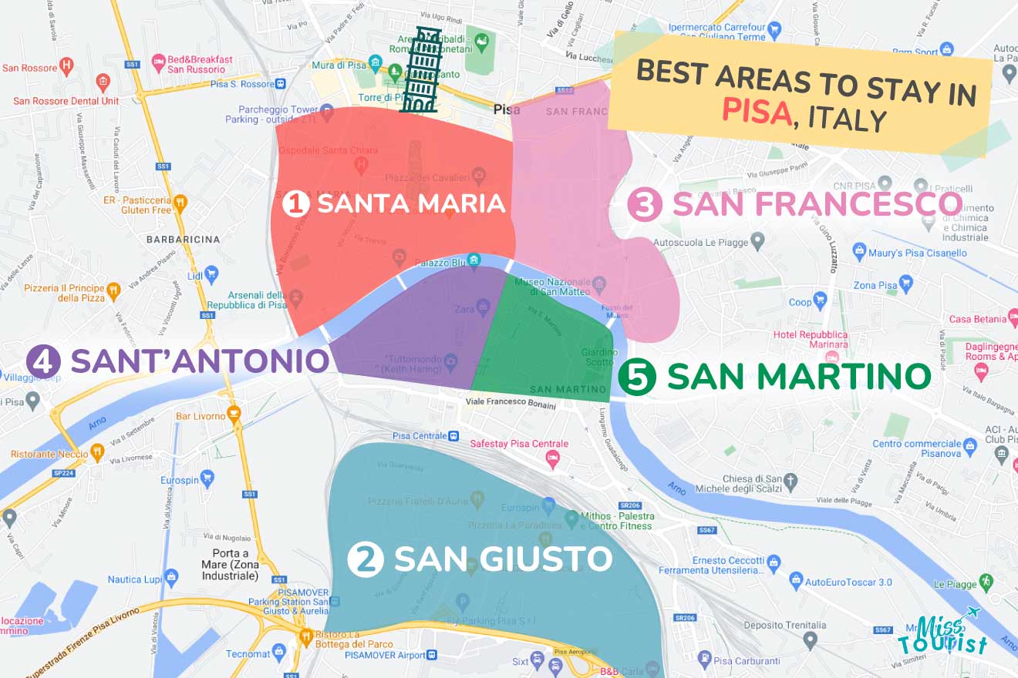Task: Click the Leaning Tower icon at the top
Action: point(421,70)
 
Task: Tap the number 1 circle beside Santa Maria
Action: point(295,204)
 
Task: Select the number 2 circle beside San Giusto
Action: point(365,559)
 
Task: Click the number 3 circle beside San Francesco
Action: point(644,205)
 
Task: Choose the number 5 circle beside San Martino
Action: point(638,378)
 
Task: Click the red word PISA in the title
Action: point(757,112)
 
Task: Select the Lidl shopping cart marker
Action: point(211,274)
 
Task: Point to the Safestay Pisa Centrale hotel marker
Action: point(552,459)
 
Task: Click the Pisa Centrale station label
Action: point(420,436)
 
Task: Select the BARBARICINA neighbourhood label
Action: point(183,240)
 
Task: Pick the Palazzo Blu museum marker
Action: point(474,260)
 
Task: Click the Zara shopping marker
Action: point(484,309)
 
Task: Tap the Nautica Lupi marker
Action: point(171,576)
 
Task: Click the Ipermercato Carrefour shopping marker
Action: point(775,30)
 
